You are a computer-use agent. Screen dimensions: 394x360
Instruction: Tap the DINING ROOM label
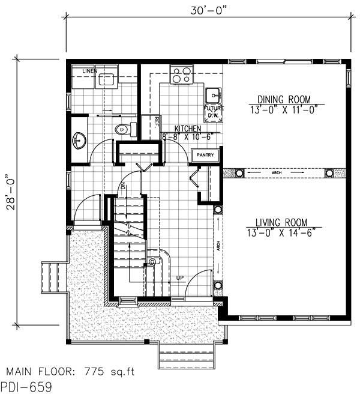(284, 99)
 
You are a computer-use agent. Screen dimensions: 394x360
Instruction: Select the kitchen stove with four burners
(181, 76)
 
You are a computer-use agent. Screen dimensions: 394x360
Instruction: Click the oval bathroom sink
(79, 141)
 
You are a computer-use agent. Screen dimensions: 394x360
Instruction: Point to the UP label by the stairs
(179, 277)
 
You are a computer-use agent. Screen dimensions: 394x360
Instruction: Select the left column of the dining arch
(238, 173)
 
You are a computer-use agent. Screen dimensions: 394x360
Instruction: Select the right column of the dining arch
(329, 173)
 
